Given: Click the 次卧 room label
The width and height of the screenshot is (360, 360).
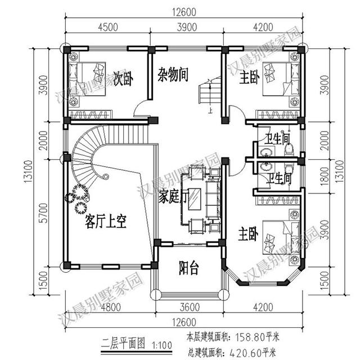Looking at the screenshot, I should tap(123, 79).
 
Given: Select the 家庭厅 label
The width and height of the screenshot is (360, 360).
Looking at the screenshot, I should tap(172, 197).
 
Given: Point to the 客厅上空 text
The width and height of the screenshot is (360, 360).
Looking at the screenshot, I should tap(105, 222).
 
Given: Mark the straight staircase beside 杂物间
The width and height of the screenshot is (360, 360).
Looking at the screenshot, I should tap(206, 93).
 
